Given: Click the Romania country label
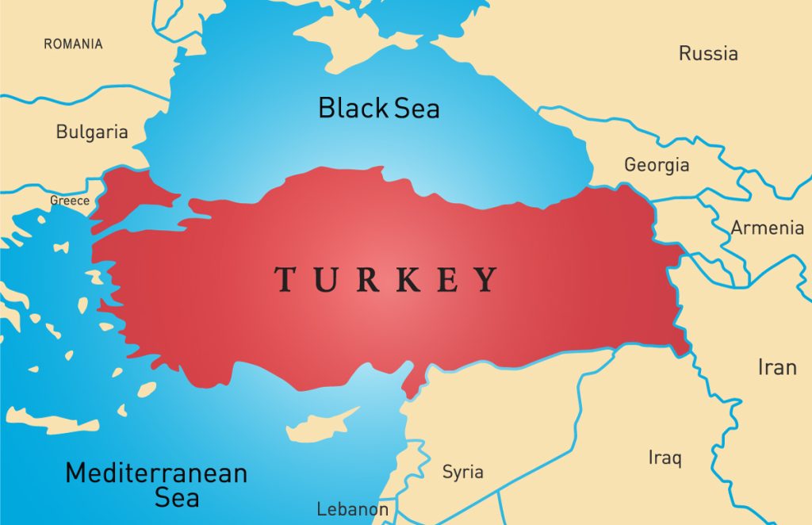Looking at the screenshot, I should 73,44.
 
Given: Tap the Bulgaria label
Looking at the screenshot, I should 92,132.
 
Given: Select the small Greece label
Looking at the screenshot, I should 70,201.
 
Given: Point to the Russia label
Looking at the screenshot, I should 708,54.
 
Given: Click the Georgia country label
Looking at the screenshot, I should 657,165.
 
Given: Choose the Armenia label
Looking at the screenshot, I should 767,228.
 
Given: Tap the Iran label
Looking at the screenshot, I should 777,367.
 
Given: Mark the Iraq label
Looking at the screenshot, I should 665,458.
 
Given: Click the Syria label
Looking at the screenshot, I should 463,473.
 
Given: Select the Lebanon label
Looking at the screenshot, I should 352,509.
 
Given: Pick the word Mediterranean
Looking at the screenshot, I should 156,473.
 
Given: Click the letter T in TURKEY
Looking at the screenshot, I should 286,279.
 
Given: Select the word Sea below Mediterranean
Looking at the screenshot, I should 177,498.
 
